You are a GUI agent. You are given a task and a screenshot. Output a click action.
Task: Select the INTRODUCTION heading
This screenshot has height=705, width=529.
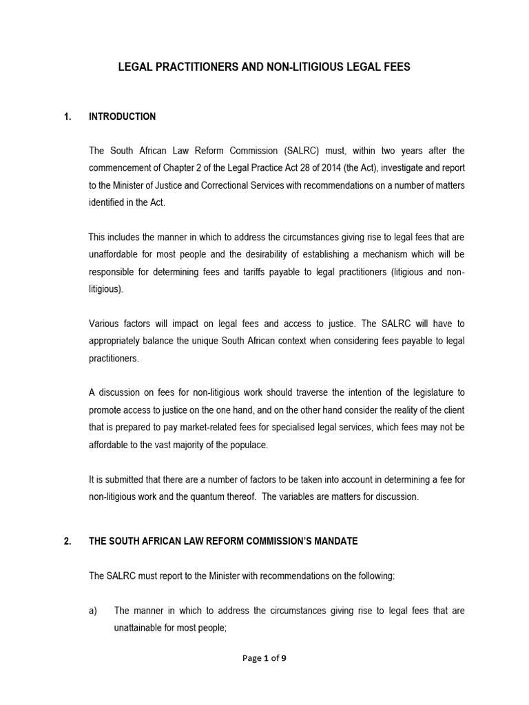[x=122, y=116]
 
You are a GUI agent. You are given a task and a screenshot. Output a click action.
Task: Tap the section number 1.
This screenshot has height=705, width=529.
[x=67, y=116]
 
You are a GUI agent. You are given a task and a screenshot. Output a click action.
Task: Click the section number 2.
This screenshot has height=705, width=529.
[x=67, y=541]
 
